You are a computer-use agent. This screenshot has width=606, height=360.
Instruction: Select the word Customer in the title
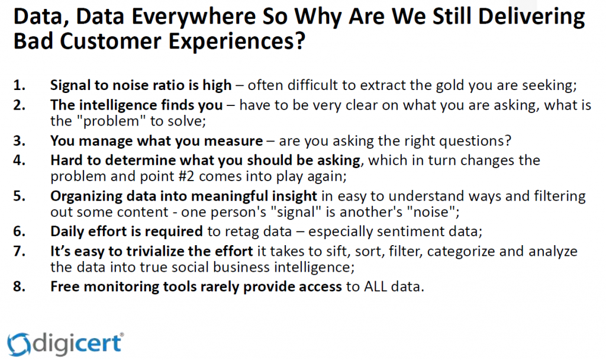coord(111,41)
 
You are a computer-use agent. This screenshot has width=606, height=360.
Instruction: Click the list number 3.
coord(19,141)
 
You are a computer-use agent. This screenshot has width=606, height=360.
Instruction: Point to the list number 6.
coord(19,232)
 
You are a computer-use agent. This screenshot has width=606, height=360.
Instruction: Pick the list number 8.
coord(19,287)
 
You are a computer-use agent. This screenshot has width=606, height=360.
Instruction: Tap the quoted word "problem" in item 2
coord(111,121)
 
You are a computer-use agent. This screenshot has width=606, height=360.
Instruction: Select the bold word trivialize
coord(155,251)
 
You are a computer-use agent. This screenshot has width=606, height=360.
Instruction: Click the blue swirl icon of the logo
coord(18,344)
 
